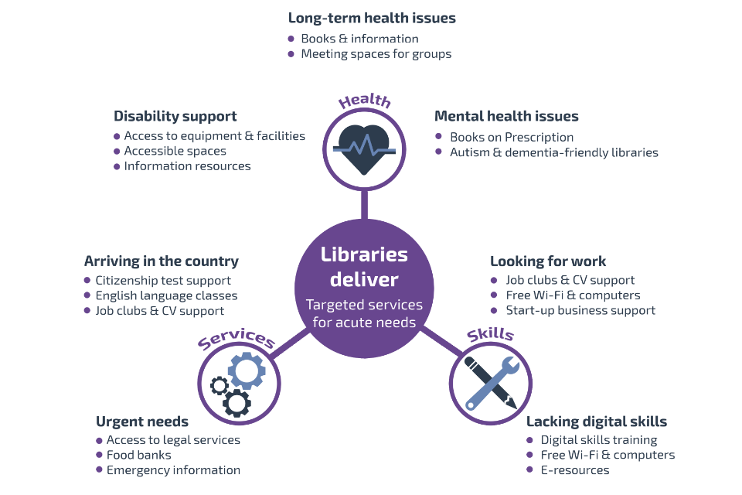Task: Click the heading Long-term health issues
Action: [x=372, y=18]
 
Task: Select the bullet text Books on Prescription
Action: [x=511, y=137]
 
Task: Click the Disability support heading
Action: [x=175, y=116]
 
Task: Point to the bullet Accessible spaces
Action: [x=175, y=151]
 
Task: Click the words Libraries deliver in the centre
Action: [x=364, y=267]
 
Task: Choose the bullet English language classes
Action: [x=166, y=295]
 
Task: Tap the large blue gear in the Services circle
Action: [x=247, y=370]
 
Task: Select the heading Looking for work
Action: [x=548, y=261]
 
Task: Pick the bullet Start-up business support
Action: [x=580, y=310]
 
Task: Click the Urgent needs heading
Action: [x=142, y=422]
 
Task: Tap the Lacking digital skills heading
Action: [x=596, y=422]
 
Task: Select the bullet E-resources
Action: [x=574, y=470]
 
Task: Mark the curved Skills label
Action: [x=490, y=334]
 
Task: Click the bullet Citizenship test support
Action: [x=163, y=280]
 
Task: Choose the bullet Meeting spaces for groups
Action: [x=376, y=54]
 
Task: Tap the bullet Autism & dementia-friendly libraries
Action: [x=553, y=152]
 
